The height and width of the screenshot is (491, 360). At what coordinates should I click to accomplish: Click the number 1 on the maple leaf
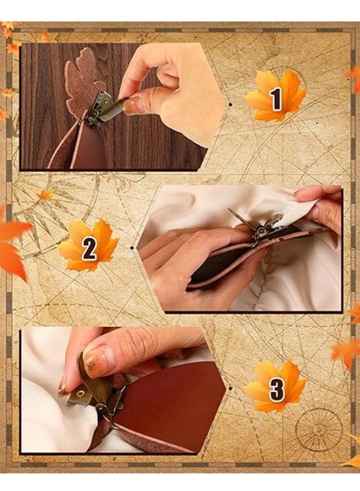tap(276, 99)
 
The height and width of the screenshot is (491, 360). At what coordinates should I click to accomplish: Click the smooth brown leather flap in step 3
tap(172, 398)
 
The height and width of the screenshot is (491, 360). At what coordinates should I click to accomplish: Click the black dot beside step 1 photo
tap(230, 105)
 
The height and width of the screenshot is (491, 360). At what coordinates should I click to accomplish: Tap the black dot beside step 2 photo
tap(132, 248)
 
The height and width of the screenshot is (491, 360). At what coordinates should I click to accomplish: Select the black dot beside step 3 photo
tap(230, 389)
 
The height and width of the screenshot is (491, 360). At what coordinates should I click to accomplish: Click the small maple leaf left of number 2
tap(46, 194)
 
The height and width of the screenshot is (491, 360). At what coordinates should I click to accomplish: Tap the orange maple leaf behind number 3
tap(276, 386)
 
